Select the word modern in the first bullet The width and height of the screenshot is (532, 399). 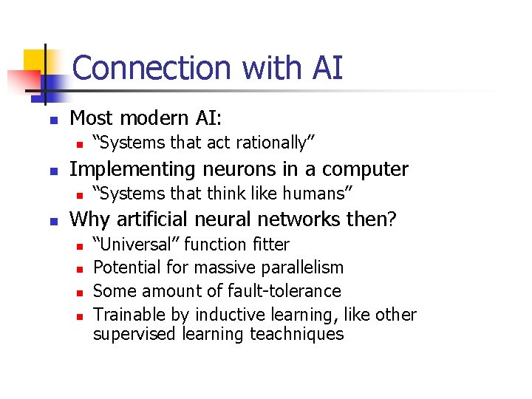tap(150, 117)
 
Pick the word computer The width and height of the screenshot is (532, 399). tap(367, 169)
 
